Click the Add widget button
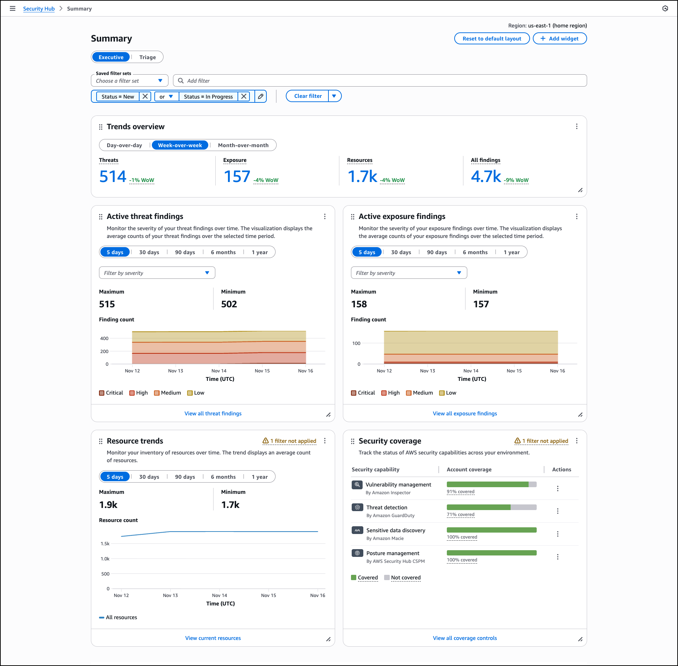(559, 39)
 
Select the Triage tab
(147, 57)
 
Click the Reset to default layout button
(492, 39)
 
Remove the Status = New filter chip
(145, 96)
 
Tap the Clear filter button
(308, 96)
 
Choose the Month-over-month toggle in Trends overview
(243, 145)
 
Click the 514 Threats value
(113, 177)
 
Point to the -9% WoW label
(516, 180)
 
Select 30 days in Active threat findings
(149, 252)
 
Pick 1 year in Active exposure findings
(511, 252)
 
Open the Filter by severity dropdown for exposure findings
(409, 273)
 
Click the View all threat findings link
(213, 414)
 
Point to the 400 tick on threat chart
(104, 339)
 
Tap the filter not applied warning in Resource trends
(290, 441)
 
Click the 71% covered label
(461, 515)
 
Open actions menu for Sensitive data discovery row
(557, 534)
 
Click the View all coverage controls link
(464, 638)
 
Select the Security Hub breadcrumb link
(39, 9)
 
